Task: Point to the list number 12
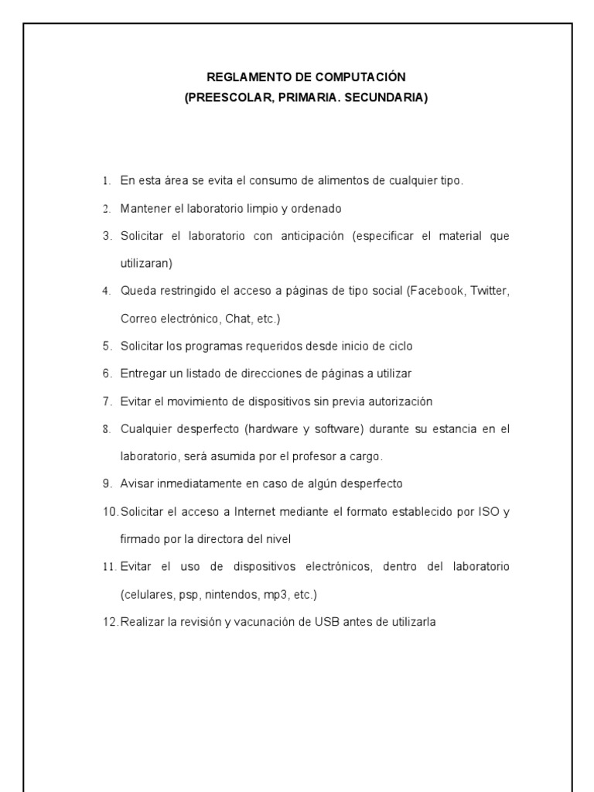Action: (109, 621)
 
